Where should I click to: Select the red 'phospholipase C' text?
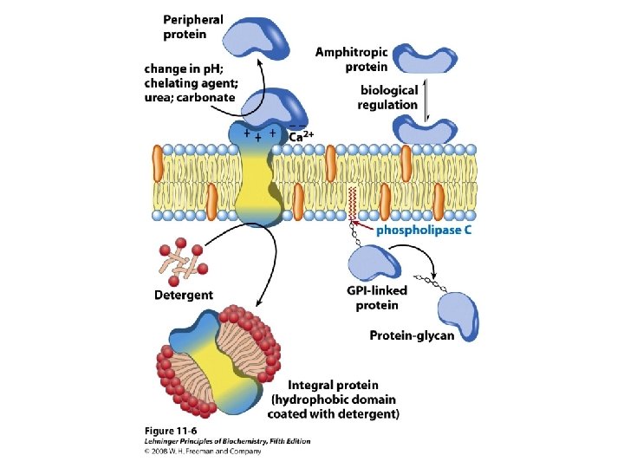(423, 230)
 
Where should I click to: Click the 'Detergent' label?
(183, 296)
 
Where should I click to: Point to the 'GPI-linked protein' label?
(376, 297)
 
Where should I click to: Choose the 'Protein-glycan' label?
(412, 335)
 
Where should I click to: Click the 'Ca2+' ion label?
(301, 136)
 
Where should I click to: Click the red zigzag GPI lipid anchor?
(351, 202)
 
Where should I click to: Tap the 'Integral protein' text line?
(333, 385)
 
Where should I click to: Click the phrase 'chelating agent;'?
(190, 83)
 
